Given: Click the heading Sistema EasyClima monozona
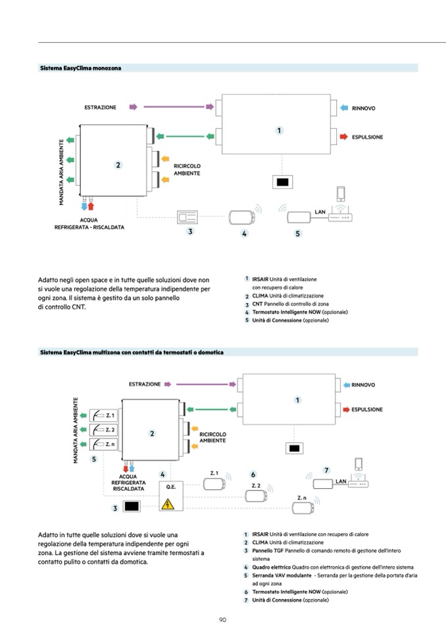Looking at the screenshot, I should (80, 68).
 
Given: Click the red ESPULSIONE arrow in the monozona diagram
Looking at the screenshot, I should (343, 137).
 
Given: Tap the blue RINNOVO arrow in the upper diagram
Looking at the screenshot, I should (343, 107).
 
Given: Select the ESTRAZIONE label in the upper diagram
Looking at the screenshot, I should (100, 106).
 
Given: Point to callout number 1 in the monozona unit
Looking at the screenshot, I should (279, 130).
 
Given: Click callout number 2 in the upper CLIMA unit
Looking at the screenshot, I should (118, 166).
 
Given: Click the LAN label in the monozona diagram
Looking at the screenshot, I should (320, 212).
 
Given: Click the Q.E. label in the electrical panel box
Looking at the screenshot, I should (170, 487).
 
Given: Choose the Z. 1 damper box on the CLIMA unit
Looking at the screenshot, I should (103, 415).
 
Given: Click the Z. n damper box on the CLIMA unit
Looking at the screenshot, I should (103, 444).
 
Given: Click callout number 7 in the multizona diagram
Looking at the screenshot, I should (326, 470).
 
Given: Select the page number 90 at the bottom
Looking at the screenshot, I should (223, 619).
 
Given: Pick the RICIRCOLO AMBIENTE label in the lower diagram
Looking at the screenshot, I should (212, 438).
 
